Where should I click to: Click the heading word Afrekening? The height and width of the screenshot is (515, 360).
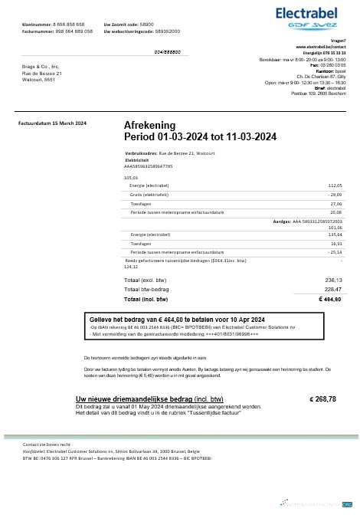(149, 125)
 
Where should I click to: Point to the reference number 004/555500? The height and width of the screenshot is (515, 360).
(168, 51)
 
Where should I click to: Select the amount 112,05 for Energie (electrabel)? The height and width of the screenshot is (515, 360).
(334, 185)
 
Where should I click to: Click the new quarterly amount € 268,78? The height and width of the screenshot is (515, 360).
(322, 399)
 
